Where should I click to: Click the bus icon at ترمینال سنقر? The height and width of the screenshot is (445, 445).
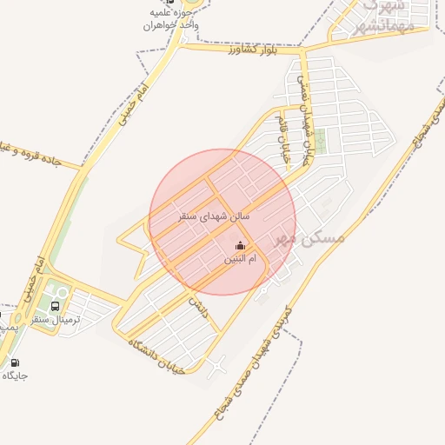tap(56, 306)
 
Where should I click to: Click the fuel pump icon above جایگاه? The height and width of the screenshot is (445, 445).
tap(15, 362)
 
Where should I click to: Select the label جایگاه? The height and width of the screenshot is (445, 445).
tap(15, 375)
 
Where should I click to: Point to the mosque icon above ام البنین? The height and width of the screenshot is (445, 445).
tap(240, 246)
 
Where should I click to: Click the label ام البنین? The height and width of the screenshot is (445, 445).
tap(240, 259)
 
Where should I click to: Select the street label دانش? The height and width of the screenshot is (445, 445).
tap(200, 306)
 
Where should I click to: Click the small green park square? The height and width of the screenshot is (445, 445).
tap(321, 141)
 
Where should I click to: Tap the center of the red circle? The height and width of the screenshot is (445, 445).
tap(222, 222)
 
